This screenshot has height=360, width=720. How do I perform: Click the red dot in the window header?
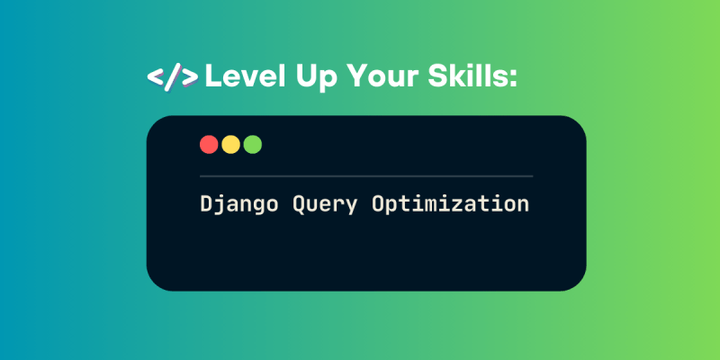[209, 145]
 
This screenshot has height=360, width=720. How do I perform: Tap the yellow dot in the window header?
[230, 145]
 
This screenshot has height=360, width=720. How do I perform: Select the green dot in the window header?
[253, 145]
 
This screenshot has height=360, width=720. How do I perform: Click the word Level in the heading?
[245, 76]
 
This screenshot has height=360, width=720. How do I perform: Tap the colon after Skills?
[513, 79]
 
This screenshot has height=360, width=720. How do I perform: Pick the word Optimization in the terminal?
[451, 203]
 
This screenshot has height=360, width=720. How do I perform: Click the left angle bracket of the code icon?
[156, 77]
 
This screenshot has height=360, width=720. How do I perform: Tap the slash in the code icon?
[172, 77]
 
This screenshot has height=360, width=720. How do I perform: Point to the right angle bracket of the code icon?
[190, 77]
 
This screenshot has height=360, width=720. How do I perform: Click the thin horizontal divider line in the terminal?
[366, 175]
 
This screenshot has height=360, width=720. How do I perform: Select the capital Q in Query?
[299, 204]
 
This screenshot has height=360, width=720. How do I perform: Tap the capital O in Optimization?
[377, 203]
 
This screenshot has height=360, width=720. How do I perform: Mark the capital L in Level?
[211, 76]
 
